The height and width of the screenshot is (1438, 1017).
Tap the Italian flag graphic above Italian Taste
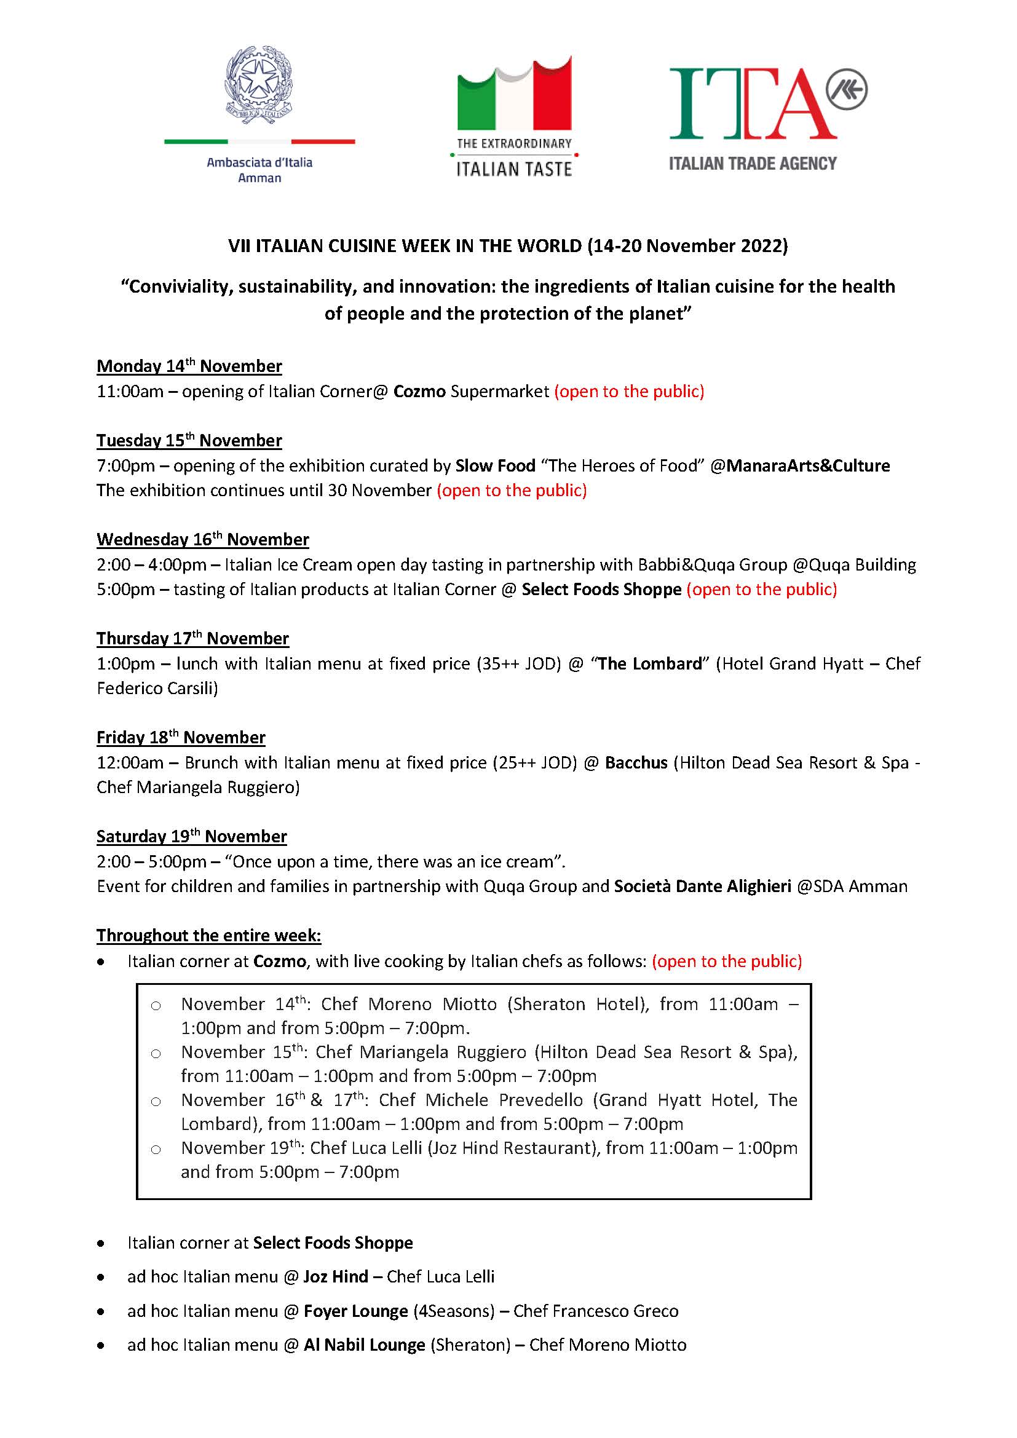514,95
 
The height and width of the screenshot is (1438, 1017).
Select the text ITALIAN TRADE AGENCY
752,164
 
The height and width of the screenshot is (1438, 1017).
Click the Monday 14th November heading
189,366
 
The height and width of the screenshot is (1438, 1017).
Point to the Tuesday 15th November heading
189,441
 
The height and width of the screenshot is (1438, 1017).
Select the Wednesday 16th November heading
202,540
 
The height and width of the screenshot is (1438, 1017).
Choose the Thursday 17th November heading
192,639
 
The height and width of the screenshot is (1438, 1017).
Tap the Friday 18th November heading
180,738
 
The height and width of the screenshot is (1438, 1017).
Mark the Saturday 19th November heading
191,837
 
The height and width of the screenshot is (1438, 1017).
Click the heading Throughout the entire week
208,936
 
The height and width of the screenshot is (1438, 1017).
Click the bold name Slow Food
496,466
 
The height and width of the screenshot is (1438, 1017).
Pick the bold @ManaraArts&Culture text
800,466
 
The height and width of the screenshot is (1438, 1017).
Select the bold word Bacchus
636,763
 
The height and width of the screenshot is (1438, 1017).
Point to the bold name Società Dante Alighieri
703,887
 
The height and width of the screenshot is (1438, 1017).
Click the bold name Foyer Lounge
355,1311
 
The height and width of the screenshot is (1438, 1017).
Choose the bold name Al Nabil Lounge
365,1345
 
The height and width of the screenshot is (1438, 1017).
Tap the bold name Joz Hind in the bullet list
336,1277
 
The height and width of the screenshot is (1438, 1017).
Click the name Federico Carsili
157,689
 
